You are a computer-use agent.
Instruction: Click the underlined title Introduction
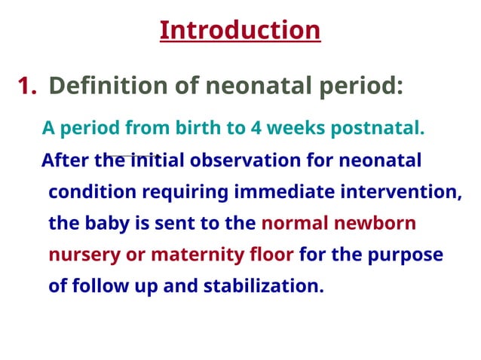click(240, 30)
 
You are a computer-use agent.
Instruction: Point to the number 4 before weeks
click(256, 129)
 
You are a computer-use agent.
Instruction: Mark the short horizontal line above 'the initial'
click(134, 154)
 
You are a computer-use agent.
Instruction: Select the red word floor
click(271, 255)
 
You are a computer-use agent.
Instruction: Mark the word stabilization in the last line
click(263, 287)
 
